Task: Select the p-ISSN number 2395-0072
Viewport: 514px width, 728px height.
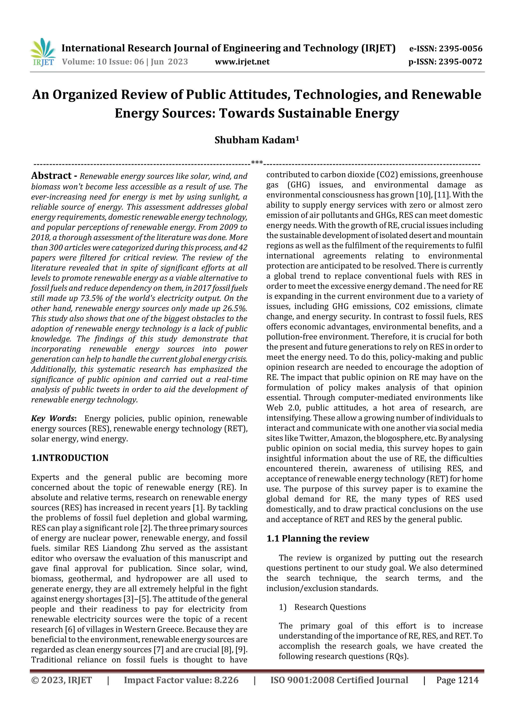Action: click(x=460, y=62)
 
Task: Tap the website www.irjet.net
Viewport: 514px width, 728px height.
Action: click(x=242, y=62)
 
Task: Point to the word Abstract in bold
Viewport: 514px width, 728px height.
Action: click(x=51, y=176)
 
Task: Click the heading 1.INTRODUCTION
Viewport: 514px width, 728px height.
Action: click(x=70, y=458)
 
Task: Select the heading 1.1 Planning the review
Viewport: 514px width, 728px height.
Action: click(x=318, y=538)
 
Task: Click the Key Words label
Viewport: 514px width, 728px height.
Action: click(x=53, y=419)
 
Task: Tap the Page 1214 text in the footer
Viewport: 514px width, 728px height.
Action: click(x=457, y=680)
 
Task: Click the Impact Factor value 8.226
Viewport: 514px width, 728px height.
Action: click(x=226, y=680)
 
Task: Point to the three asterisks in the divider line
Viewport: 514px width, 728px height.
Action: click(x=256, y=163)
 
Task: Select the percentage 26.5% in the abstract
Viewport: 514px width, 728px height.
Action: click(x=236, y=309)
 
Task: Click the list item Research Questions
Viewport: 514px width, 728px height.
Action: click(x=330, y=607)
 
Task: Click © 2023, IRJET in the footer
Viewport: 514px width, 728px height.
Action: click(x=61, y=680)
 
